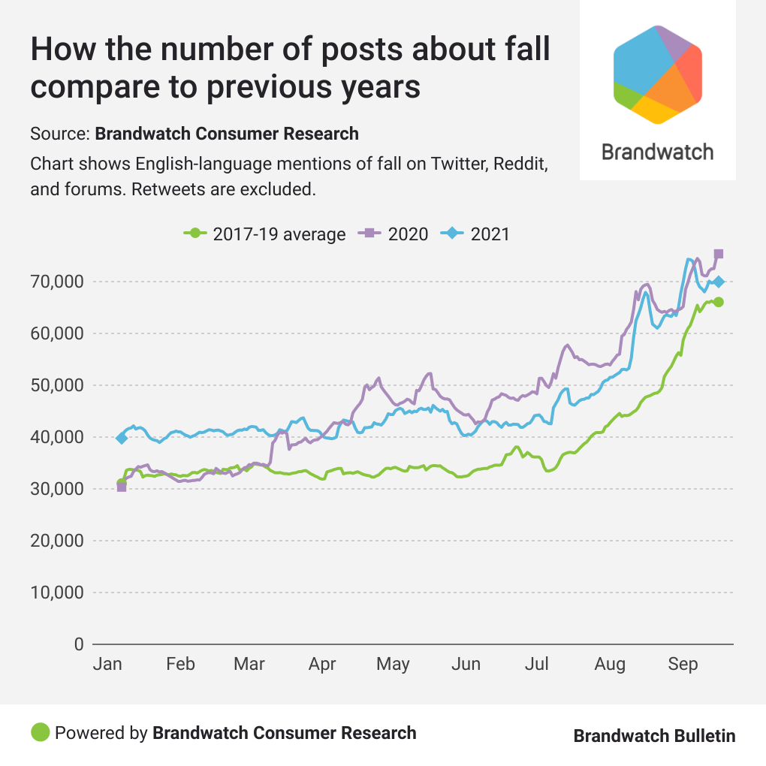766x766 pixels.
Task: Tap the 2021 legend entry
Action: tap(477, 234)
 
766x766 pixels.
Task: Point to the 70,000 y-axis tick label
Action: tap(56, 282)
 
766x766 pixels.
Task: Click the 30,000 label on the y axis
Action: tap(56, 489)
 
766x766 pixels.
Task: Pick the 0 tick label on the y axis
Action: tap(77, 644)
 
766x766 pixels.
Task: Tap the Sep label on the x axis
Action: tap(683, 664)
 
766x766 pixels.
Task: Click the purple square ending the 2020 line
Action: tap(719, 254)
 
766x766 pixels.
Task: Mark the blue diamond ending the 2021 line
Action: tap(719, 282)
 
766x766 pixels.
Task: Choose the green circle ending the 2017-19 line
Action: tap(719, 302)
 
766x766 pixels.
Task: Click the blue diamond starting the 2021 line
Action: tap(122, 438)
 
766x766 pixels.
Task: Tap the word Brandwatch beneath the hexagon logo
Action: tap(657, 152)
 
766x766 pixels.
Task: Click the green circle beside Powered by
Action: tap(41, 732)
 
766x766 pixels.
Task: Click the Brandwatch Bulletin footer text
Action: tap(654, 736)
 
